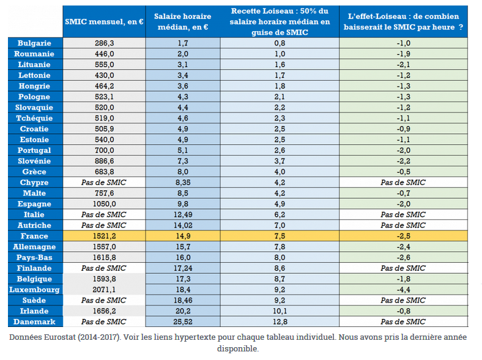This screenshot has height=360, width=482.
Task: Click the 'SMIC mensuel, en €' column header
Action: (103, 21)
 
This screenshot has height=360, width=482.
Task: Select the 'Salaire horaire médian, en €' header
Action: (182, 21)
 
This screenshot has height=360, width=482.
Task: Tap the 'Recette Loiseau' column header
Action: (280, 21)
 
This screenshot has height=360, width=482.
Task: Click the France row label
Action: (34, 236)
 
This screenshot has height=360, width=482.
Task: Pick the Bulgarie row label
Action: (34, 43)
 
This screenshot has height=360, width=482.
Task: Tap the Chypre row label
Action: (34, 182)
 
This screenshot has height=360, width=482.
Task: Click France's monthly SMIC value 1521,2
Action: (103, 236)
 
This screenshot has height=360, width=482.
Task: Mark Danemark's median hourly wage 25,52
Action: (182, 321)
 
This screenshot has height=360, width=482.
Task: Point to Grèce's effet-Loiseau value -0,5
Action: (403, 172)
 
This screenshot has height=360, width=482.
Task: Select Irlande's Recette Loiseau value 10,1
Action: (280, 310)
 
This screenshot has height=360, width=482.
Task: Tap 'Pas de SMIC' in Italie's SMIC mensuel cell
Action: (103, 215)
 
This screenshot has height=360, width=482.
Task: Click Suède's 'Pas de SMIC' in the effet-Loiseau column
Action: (403, 300)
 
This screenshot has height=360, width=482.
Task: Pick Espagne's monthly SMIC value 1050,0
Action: (103, 204)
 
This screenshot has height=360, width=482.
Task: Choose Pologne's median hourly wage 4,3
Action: (182, 97)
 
